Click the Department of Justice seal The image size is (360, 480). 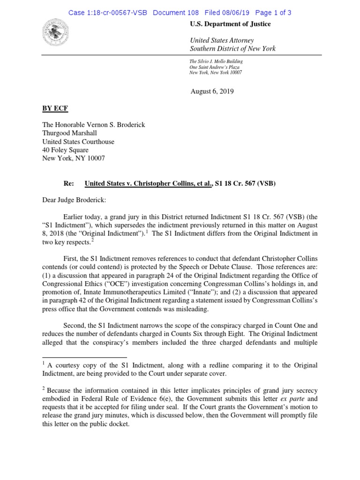click(55, 32)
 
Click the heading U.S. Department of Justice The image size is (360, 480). click(230, 24)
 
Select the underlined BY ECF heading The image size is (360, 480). click(55, 108)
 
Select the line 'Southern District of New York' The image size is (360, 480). click(232, 48)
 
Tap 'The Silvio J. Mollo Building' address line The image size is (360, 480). click(216, 61)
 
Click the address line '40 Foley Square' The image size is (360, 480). click(65, 150)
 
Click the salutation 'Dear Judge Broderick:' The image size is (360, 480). click(74, 200)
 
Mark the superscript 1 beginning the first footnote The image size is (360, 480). click(44, 363)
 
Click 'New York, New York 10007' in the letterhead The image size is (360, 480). click(216, 73)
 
